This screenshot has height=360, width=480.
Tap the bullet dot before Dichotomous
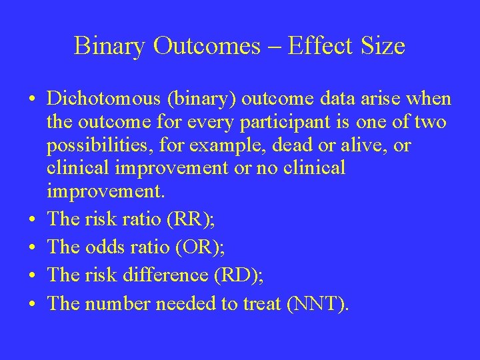pyautogui.click(x=33, y=101)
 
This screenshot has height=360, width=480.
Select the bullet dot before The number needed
pyautogui.click(x=33, y=304)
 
